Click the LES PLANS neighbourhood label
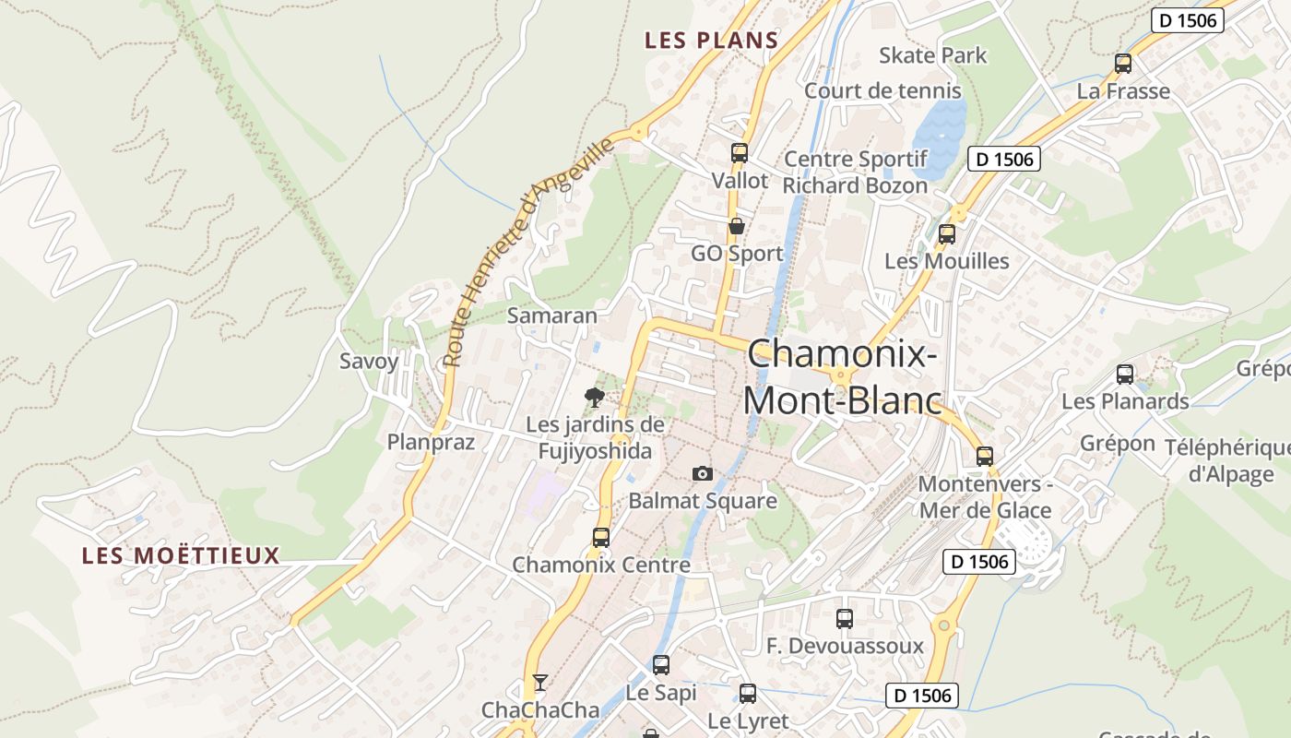click(x=711, y=41)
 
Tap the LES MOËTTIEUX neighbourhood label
click(x=181, y=555)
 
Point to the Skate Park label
click(x=932, y=55)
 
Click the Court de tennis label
click(x=882, y=90)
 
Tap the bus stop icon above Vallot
click(x=739, y=153)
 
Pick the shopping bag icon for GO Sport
click(x=737, y=226)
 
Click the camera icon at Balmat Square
click(x=703, y=473)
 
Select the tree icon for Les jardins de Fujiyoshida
click(x=595, y=398)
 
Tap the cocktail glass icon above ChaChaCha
click(x=540, y=683)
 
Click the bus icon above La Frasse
click(x=1123, y=64)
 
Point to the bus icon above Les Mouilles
click(x=947, y=233)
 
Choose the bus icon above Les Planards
click(x=1125, y=374)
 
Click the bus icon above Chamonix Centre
click(x=601, y=537)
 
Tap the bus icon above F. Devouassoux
click(x=845, y=618)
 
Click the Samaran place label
click(x=552, y=315)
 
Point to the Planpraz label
click(x=431, y=442)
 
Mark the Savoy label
click(x=369, y=361)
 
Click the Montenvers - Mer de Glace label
click(x=985, y=497)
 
